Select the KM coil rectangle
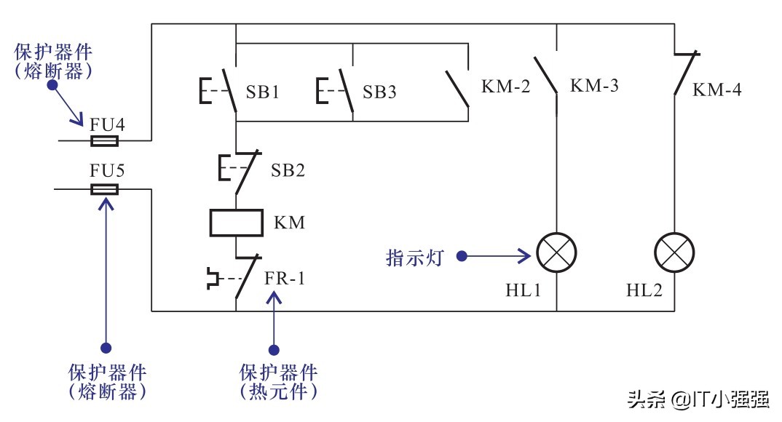235,223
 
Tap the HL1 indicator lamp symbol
557,254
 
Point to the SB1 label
264,93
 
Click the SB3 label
380,93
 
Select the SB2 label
288,171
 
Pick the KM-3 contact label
594,86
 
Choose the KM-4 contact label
717,90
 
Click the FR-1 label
288,278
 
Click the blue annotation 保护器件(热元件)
279,382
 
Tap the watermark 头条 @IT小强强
698,399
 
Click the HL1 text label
523,290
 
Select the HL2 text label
644,290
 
